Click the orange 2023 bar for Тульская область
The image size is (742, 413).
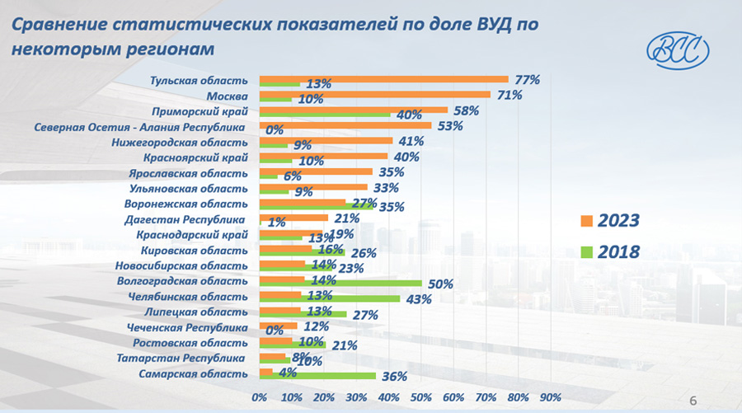click(x=383, y=79)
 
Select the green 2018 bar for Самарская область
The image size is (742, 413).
click(x=317, y=376)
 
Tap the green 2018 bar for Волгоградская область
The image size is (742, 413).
click(x=340, y=284)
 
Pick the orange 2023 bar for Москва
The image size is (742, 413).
click(x=374, y=94)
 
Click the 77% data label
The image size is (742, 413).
click(x=527, y=80)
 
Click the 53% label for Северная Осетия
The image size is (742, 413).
click(x=449, y=126)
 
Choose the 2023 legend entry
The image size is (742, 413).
click(x=610, y=220)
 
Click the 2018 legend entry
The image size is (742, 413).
click(x=610, y=251)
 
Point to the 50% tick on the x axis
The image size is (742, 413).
click(x=421, y=398)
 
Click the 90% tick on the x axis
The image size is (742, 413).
click(x=550, y=398)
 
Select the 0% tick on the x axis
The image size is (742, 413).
click(x=259, y=398)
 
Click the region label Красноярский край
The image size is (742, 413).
click(x=195, y=157)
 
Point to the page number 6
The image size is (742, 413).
click(x=693, y=399)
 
